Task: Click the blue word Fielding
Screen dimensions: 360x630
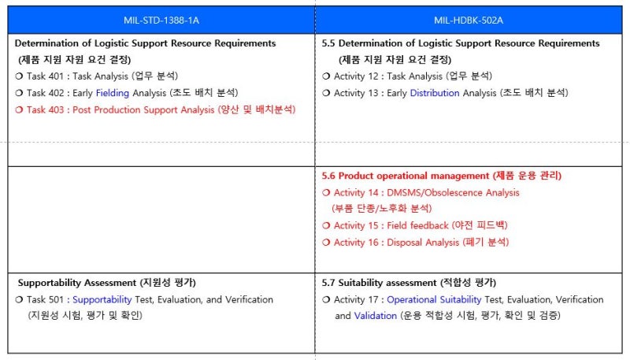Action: pyautogui.click(x=113, y=93)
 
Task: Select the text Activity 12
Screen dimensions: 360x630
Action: pyautogui.click(x=357, y=76)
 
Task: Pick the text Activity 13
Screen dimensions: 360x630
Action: pyautogui.click(x=357, y=93)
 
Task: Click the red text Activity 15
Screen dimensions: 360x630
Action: pyautogui.click(x=357, y=225)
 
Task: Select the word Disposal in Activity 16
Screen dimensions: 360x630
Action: pyautogui.click(x=406, y=242)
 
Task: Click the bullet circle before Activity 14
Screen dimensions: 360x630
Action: pyautogui.click(x=327, y=192)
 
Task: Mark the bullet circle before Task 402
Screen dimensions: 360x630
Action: pyautogui.click(x=19, y=93)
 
